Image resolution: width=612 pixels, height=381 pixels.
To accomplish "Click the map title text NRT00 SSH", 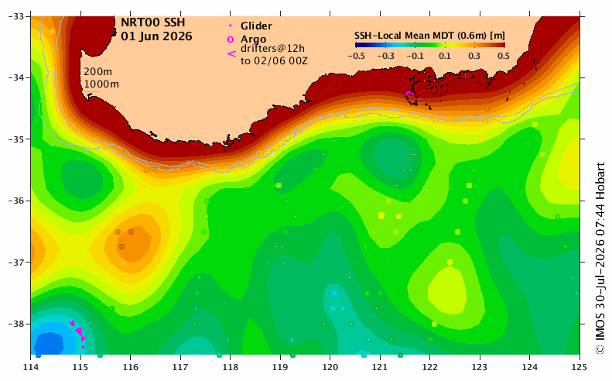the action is pyautogui.click(x=152, y=22).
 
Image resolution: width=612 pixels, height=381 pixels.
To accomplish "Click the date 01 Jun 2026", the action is pyautogui.click(x=156, y=36).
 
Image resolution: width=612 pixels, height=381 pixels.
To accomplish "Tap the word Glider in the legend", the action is pyautogui.click(x=256, y=26).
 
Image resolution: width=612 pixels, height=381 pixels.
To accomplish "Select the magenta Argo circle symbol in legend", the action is pyautogui.click(x=231, y=39).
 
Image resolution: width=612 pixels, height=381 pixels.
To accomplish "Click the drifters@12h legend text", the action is pyautogui.click(x=272, y=49).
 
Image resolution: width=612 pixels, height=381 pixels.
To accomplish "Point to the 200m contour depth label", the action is pyautogui.click(x=97, y=72).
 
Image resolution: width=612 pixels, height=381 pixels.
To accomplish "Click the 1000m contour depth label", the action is pyautogui.click(x=101, y=84).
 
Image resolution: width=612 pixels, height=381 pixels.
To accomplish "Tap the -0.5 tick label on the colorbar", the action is pyautogui.click(x=357, y=56).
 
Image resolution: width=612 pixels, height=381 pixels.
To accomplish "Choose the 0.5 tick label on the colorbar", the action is pyautogui.click(x=504, y=56).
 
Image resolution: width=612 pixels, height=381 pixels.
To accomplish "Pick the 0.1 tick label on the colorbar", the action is pyautogui.click(x=445, y=56).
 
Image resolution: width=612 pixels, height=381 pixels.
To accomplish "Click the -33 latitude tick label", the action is pyautogui.click(x=16, y=16).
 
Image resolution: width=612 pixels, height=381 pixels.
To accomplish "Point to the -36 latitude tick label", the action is pyautogui.click(x=16, y=201).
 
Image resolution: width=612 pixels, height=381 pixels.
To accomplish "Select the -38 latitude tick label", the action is pyautogui.click(x=16, y=324).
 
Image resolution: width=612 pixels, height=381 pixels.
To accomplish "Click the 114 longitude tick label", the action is pyautogui.click(x=31, y=367).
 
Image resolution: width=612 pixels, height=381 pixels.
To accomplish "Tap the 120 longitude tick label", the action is pyautogui.click(x=330, y=367).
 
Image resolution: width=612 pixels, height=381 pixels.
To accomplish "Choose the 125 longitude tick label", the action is pyautogui.click(x=580, y=367).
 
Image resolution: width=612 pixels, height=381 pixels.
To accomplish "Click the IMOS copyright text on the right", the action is pyautogui.click(x=600, y=258).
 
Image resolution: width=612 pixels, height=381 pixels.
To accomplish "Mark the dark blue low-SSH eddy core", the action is pyautogui.click(x=50, y=343).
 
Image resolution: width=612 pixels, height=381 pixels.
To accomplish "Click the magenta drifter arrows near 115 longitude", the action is pyautogui.click(x=78, y=333).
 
